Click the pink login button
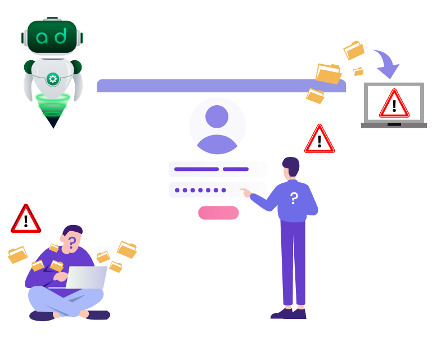[218, 213]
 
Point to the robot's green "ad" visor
[52, 37]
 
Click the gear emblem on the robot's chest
[53, 79]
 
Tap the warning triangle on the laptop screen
[394, 103]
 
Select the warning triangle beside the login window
[319, 139]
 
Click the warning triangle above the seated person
[26, 219]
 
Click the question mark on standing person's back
[294, 198]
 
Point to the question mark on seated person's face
[73, 242]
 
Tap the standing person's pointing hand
[245, 192]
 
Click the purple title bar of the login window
[221, 85]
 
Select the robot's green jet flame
[53, 107]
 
